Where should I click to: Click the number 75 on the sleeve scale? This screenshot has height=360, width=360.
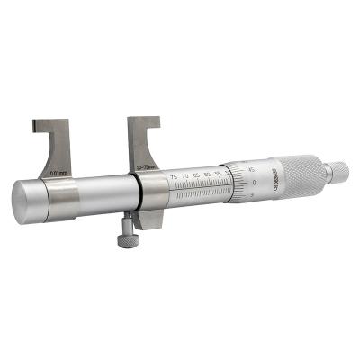(x=172, y=179)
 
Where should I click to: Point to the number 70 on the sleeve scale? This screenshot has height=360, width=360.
(x=184, y=177)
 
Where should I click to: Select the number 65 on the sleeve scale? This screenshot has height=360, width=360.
(x=196, y=175)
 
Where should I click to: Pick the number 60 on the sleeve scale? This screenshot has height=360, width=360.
(x=208, y=173)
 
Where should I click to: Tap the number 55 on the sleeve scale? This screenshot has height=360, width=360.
(x=218, y=171)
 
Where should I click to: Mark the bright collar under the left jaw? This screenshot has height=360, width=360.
(x=60, y=200)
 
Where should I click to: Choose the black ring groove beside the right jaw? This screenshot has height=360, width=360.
(x=138, y=192)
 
